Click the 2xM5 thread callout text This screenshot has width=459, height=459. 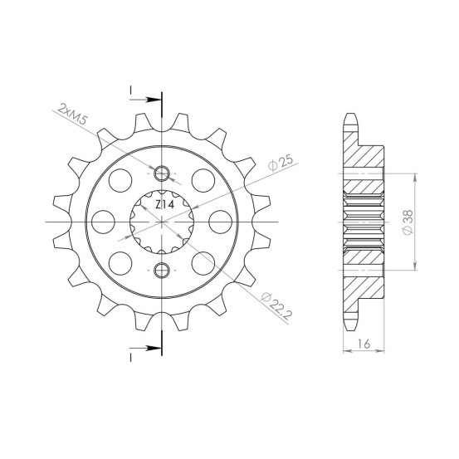[x=72, y=114]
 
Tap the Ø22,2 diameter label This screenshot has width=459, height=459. [x=276, y=305]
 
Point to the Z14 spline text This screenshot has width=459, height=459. [x=164, y=205]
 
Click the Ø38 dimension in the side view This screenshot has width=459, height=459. [x=408, y=222]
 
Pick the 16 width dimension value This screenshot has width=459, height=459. [x=364, y=344]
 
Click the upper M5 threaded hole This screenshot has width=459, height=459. [x=162, y=173]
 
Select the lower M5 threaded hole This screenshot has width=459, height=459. [x=162, y=270]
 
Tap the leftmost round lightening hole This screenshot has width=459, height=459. [x=103, y=222]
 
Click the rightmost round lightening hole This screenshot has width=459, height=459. [x=221, y=222]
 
